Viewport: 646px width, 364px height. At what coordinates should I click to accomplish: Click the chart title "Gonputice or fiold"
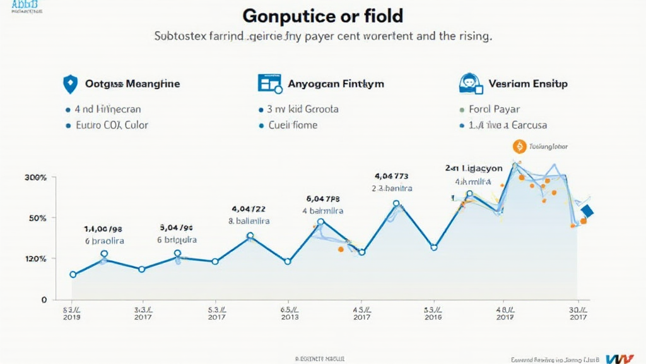323,15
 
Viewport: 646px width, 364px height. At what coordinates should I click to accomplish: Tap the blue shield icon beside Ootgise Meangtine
70,83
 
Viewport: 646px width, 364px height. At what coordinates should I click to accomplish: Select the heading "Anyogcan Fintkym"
336,83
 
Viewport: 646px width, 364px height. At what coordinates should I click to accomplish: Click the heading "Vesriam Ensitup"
528,83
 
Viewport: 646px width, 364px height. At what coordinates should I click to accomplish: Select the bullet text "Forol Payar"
494,109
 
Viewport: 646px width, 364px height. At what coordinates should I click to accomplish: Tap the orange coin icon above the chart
520,147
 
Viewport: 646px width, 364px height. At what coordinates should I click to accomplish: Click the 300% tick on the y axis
35,178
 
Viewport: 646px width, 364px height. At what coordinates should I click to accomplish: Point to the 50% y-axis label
38,218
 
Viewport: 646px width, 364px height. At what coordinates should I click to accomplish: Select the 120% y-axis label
35,258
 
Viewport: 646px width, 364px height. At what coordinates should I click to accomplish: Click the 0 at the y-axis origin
44,300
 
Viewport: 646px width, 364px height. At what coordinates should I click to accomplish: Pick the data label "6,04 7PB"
323,198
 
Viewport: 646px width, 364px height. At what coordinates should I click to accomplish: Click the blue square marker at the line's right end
588,212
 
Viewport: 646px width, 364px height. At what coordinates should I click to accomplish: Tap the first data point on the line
73,274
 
